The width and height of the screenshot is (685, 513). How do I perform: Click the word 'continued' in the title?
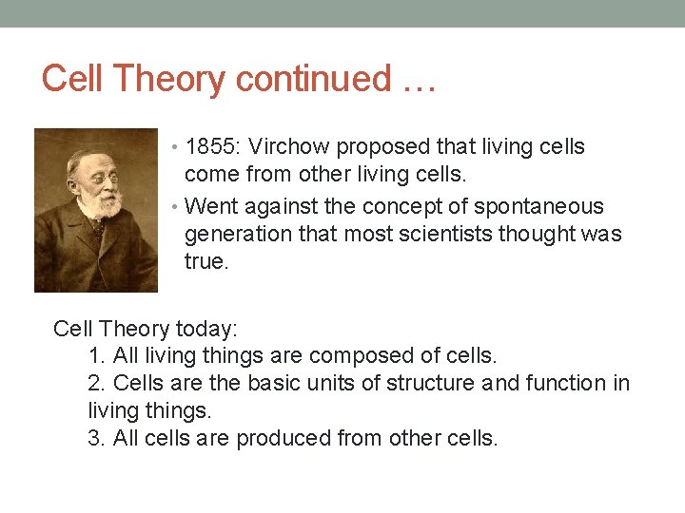313,79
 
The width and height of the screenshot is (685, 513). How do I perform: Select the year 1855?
215,147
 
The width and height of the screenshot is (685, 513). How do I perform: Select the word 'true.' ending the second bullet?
206,261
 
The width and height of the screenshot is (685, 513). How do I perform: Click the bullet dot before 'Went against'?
177,207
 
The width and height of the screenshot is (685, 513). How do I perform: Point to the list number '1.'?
96,356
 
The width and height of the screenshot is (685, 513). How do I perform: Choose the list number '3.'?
96,438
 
